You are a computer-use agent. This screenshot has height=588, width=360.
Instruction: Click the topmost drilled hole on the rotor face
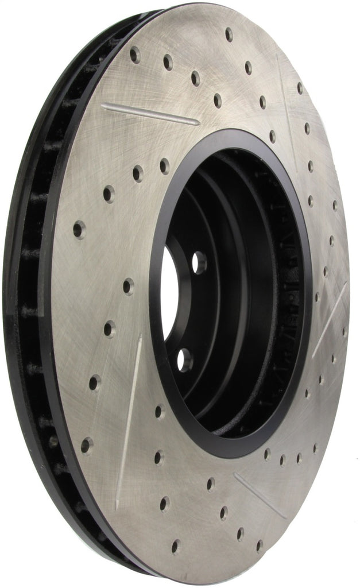229,34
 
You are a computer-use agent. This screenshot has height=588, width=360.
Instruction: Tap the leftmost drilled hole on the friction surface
79,230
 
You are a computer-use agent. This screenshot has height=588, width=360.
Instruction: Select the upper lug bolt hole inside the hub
199,262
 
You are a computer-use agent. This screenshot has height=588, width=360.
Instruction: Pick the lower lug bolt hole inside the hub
185,360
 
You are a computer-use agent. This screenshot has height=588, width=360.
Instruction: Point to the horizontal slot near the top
150,114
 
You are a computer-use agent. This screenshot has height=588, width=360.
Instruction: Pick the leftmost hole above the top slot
135,55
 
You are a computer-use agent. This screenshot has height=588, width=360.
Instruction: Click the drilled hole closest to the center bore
164,166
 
